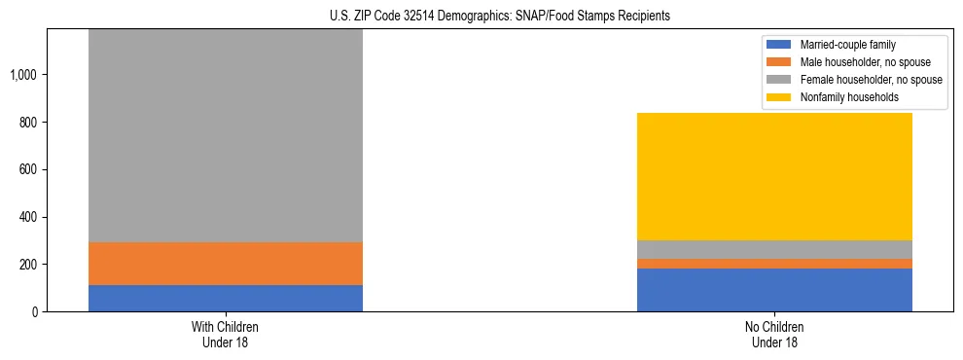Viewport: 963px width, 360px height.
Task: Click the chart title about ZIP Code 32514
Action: pos(500,17)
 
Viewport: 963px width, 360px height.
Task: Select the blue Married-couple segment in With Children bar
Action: pos(225,298)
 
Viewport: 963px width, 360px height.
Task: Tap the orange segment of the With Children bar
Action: pos(225,264)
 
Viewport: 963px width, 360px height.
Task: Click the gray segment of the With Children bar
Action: pos(225,136)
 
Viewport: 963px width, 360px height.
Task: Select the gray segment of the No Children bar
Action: pos(774,249)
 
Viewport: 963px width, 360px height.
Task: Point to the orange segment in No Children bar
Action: pos(774,264)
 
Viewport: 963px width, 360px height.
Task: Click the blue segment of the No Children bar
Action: pos(774,290)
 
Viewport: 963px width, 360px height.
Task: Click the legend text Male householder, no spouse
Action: pos(862,62)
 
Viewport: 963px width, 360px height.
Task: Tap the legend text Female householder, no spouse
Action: pos(871,80)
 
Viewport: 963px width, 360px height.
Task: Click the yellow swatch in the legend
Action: pos(779,97)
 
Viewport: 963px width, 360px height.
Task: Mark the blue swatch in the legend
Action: pos(779,45)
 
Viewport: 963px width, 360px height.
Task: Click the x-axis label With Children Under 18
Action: pos(225,334)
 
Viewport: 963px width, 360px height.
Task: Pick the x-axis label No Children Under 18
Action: pos(774,334)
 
